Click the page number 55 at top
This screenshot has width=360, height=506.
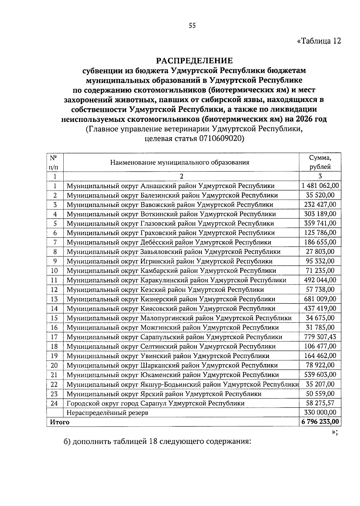[x=192, y=26]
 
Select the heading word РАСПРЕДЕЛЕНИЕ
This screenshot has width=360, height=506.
[x=194, y=61]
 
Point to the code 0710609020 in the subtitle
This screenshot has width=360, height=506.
[x=221, y=138]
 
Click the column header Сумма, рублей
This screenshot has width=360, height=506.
[x=320, y=162]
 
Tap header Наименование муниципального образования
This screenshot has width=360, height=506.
[x=180, y=163]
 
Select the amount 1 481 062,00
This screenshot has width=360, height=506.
[x=320, y=186]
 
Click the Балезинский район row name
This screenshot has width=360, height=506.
[x=172, y=195]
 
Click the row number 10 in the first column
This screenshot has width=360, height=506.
[x=55, y=271]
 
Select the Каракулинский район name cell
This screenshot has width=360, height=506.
[x=176, y=280]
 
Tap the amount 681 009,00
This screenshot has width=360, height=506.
[x=320, y=299]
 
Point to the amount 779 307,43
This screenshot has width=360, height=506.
[x=320, y=337]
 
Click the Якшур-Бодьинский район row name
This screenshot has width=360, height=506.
[x=182, y=384]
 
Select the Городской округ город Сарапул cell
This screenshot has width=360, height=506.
[x=155, y=403]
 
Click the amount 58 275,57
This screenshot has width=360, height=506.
[x=320, y=403]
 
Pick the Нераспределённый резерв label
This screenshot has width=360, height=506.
[x=107, y=413]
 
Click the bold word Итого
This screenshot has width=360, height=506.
[x=59, y=422]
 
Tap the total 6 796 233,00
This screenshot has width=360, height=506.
[x=320, y=422]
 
